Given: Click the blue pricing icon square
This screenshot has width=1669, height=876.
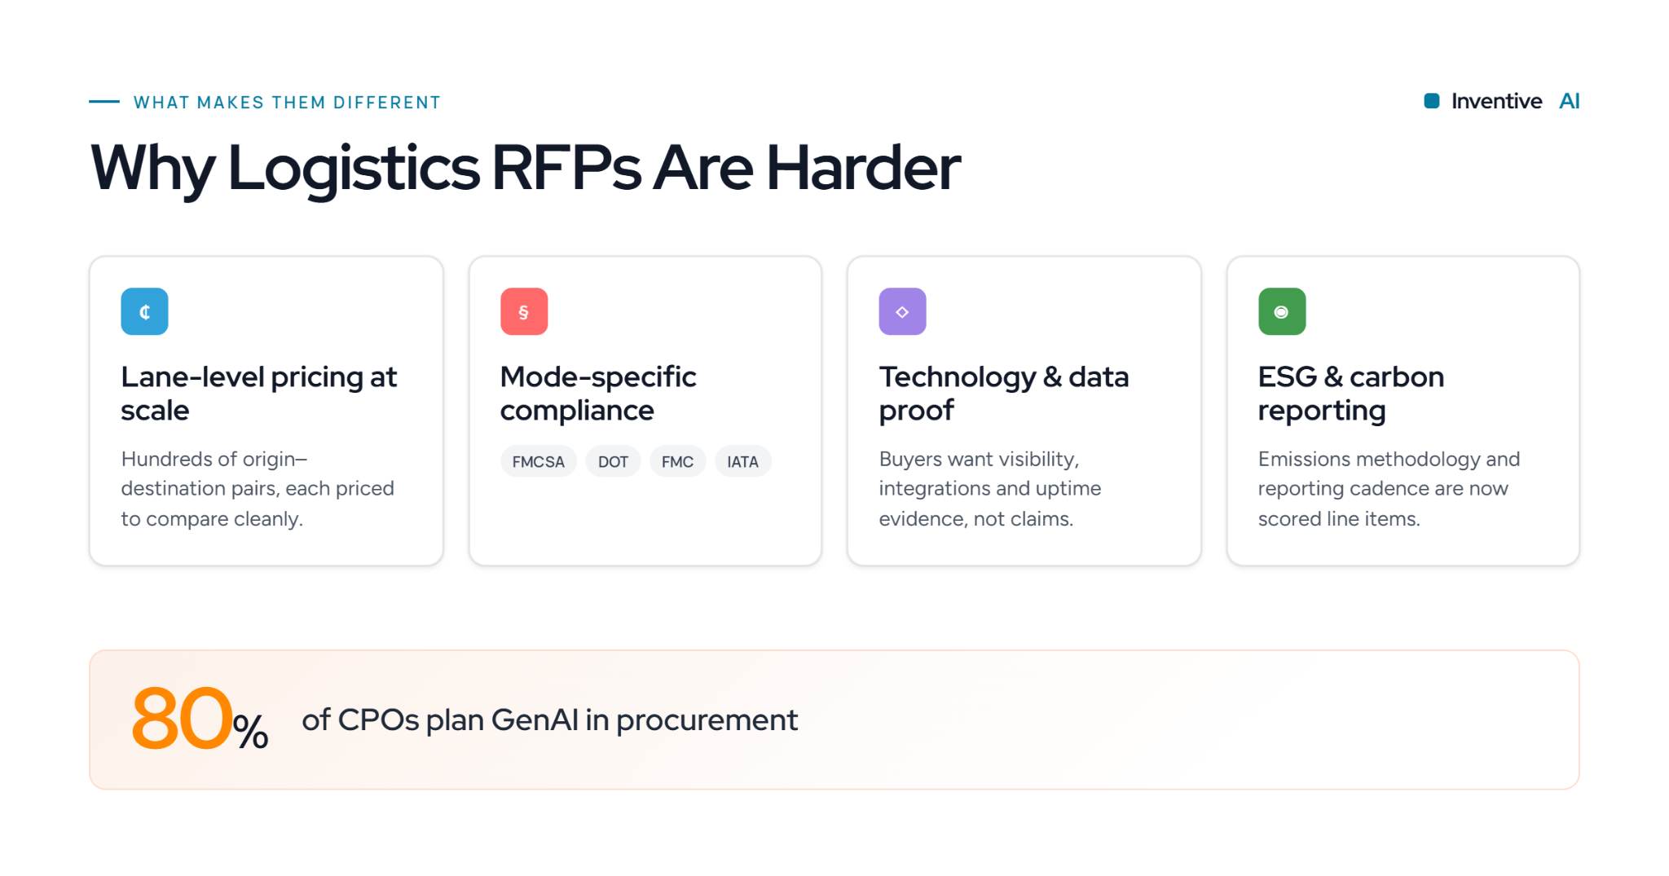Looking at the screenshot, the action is (x=144, y=311).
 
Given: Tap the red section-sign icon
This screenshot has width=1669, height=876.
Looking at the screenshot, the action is (x=524, y=311).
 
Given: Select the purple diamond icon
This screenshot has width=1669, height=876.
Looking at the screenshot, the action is (x=902, y=311).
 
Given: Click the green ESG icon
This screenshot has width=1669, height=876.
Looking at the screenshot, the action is (x=1282, y=311).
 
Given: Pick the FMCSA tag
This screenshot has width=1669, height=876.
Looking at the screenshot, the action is (x=538, y=461).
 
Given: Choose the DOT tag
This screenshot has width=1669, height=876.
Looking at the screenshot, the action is (x=613, y=461).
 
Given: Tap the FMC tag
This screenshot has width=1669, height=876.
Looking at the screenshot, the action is (x=677, y=461).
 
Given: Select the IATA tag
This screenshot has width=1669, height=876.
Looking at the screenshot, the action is (x=742, y=461).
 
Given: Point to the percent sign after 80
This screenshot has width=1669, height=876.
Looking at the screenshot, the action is (x=250, y=731).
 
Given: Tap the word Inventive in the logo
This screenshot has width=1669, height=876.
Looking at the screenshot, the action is (x=1496, y=101).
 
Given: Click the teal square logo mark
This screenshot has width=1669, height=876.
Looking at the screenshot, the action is (x=1431, y=101).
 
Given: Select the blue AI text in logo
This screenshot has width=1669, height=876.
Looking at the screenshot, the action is (x=1569, y=101).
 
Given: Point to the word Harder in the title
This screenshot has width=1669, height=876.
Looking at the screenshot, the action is (x=863, y=167).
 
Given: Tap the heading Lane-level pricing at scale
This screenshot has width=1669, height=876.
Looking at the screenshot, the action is (x=259, y=394).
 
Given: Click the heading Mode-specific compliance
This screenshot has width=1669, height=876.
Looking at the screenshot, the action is (x=598, y=394).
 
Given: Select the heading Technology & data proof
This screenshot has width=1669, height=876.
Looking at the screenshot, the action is (x=1004, y=394).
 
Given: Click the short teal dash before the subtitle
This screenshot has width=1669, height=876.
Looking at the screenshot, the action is (x=104, y=102).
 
